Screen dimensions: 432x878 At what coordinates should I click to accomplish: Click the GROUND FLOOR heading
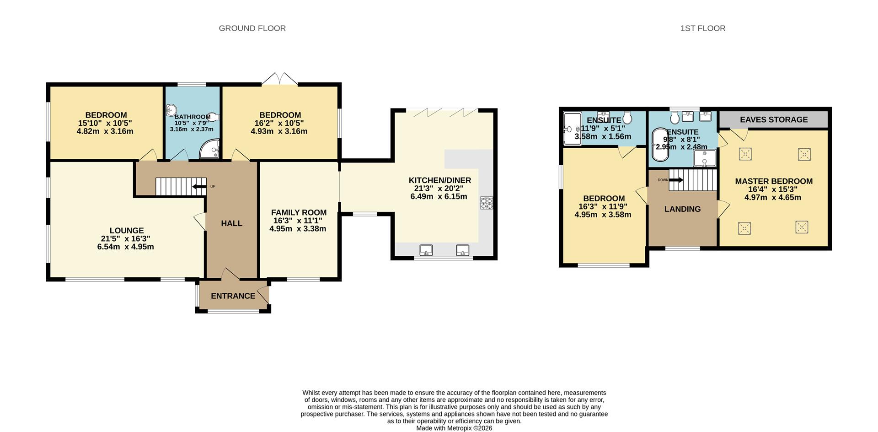pyautogui.click(x=252, y=28)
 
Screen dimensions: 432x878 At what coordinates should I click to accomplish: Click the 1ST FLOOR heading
pyautogui.click(x=702, y=28)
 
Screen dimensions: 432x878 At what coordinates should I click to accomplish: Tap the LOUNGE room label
pyautogui.click(x=127, y=231)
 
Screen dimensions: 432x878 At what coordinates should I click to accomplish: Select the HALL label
pyautogui.click(x=231, y=223)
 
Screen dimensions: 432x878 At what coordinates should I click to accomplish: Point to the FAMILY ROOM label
pyautogui.click(x=299, y=212)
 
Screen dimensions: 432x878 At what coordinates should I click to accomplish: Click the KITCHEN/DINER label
pyautogui.click(x=439, y=180)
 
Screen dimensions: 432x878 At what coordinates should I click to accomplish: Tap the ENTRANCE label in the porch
pyautogui.click(x=233, y=296)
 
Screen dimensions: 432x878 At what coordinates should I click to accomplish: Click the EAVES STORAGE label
pyautogui.click(x=773, y=119)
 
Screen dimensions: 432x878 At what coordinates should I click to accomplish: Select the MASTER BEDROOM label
pyautogui.click(x=773, y=181)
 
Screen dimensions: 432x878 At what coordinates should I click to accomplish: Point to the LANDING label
pyautogui.click(x=682, y=209)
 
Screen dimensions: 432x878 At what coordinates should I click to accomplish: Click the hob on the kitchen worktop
pyautogui.click(x=487, y=203)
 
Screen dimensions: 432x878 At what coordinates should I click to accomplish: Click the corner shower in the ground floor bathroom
pyautogui.click(x=211, y=150)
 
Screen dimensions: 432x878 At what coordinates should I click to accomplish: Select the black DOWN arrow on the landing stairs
pyautogui.click(x=676, y=180)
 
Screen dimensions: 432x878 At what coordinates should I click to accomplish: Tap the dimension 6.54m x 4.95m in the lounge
pyautogui.click(x=125, y=247)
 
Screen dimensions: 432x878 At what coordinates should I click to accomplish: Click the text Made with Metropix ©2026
pyautogui.click(x=454, y=428)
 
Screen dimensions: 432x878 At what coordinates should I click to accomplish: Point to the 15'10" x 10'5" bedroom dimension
pyautogui.click(x=106, y=123)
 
